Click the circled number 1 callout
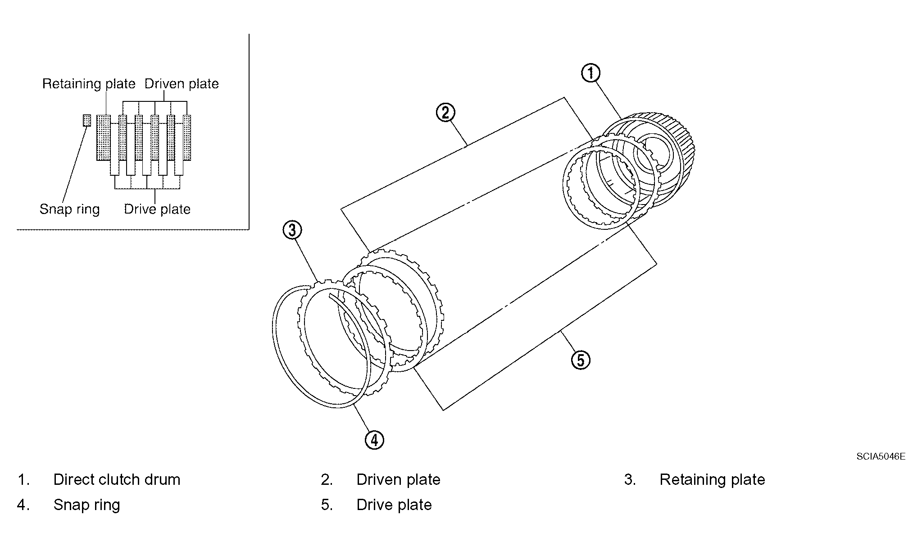590,73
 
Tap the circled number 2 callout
445,112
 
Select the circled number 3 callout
292,230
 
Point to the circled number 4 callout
374,439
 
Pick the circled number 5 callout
580,360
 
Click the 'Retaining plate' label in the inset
89,84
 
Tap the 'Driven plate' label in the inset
182,84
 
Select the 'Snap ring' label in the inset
69,209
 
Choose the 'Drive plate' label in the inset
157,209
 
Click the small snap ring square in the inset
87,120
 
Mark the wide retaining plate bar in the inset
103,137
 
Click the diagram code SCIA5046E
881,456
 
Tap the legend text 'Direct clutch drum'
117,479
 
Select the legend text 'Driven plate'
398,479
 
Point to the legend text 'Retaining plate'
712,479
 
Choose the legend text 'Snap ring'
86,505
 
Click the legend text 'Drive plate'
394,505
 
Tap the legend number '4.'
23,505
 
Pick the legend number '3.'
630,479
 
